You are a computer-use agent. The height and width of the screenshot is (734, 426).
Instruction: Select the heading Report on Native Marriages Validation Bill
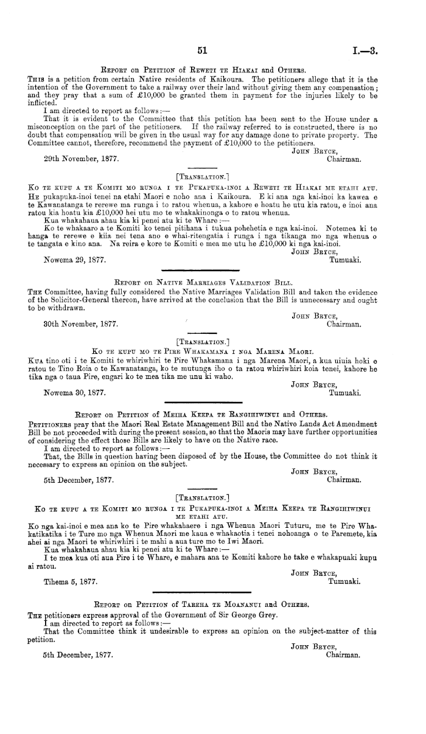tap(204, 283)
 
